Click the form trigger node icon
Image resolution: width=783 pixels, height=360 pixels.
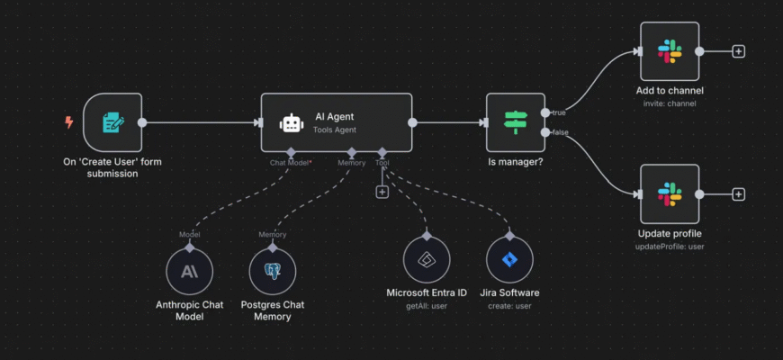112,122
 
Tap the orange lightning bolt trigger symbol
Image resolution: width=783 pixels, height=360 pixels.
69,122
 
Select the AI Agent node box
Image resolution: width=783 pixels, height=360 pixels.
337,122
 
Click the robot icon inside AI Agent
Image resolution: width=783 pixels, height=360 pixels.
291,123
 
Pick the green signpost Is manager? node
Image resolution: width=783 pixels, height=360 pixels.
515,122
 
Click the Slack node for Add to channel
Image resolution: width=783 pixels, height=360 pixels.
669,51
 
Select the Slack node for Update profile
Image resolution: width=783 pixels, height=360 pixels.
669,193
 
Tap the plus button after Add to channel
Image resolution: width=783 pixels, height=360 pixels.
739,51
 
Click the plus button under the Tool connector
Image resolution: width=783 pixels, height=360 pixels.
382,192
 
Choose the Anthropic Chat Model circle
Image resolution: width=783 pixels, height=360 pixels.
190,271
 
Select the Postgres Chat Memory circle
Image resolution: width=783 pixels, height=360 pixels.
273,271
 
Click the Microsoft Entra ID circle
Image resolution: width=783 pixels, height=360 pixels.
426,260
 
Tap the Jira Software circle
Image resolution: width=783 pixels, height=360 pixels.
509,260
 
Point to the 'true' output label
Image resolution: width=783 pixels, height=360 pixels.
559,112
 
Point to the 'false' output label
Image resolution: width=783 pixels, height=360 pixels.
560,133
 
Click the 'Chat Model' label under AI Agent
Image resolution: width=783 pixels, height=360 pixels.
290,163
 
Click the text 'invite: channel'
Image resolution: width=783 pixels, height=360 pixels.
669,103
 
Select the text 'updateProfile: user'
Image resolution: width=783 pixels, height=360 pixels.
669,246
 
